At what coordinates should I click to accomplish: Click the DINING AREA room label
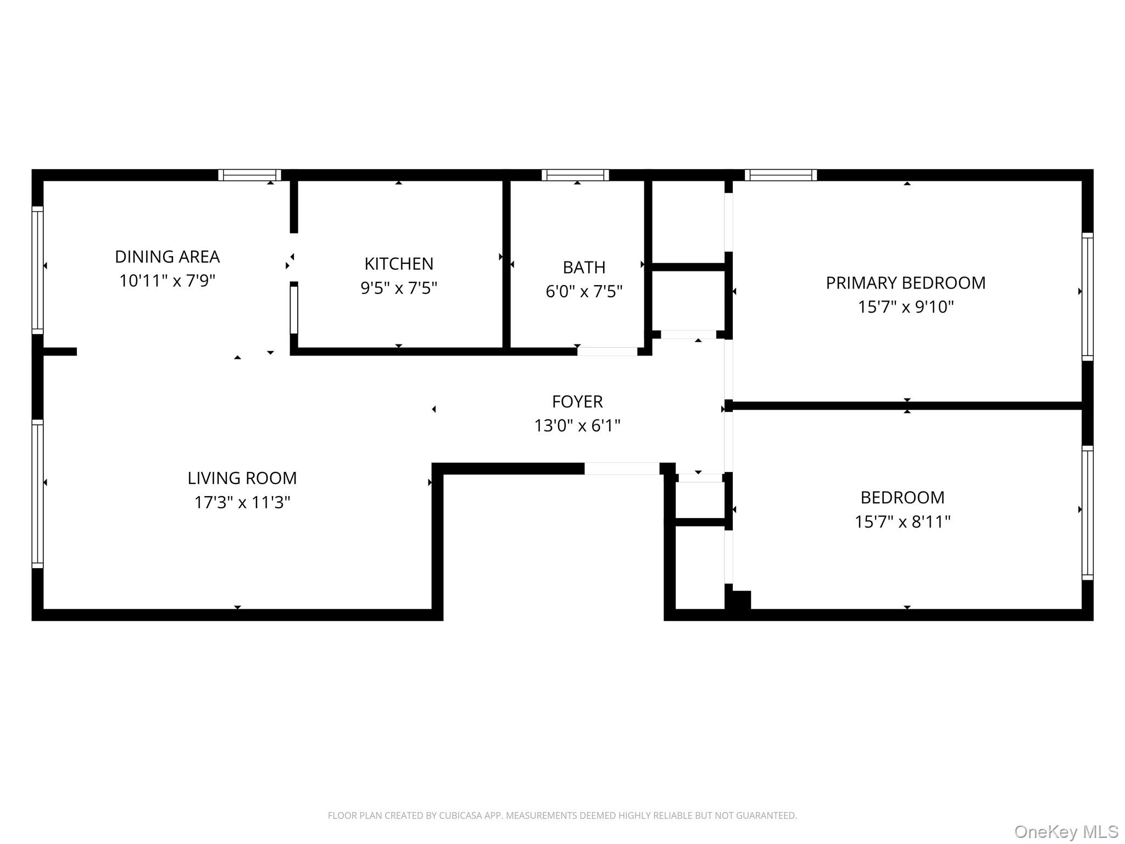point(167,257)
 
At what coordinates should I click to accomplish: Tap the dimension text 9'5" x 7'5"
point(399,288)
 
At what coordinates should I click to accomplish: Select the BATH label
point(584,267)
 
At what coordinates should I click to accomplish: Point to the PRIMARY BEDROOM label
point(905,283)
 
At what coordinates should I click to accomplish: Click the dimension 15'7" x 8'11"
point(902,521)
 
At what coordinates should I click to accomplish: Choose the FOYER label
point(577,402)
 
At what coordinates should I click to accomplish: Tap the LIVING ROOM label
point(242,478)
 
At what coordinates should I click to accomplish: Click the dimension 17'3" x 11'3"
point(242,502)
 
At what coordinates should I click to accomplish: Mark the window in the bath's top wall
point(575,175)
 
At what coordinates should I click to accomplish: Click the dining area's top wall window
point(249,175)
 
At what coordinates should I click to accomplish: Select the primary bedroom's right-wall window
point(1087,297)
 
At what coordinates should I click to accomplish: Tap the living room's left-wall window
point(37,493)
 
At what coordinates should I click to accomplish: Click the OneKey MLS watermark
point(1066,831)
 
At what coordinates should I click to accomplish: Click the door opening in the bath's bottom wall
point(607,352)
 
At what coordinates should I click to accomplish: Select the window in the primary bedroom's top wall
point(781,175)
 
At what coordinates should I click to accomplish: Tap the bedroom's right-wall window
point(1087,513)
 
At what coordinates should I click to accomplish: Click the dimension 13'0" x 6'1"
point(577,426)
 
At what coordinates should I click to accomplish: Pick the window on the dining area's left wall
point(37,270)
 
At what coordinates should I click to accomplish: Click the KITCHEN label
point(399,264)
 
